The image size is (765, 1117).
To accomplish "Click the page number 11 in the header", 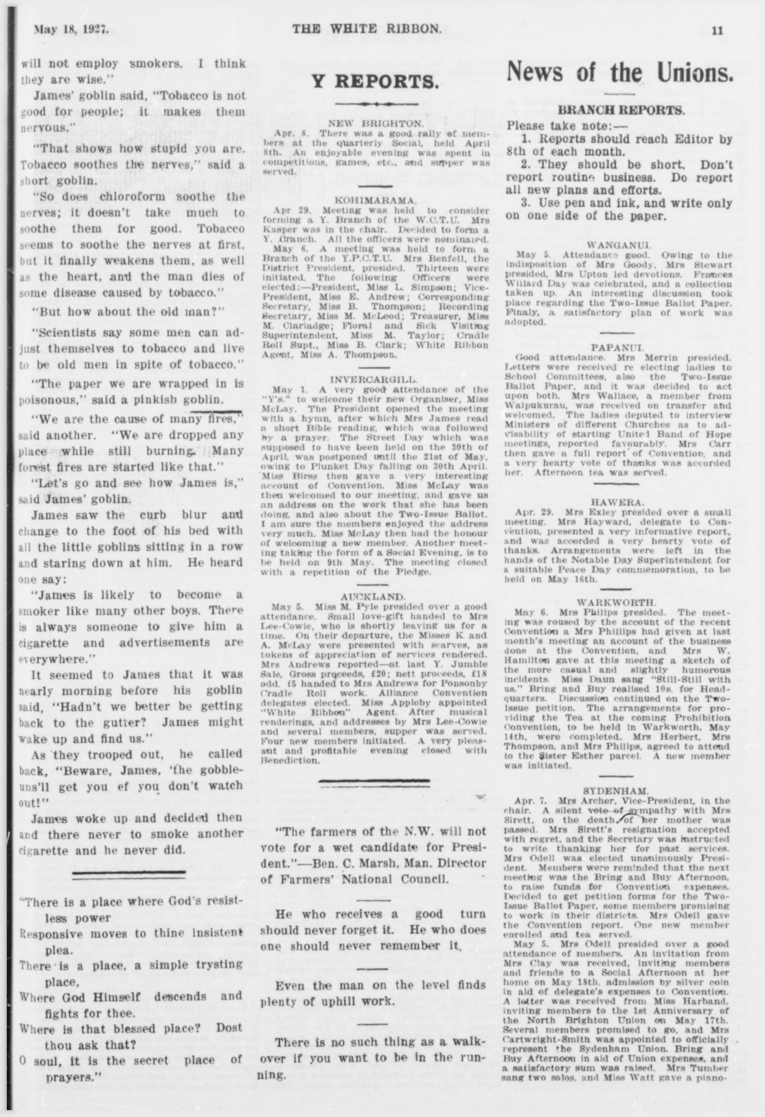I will coord(718,30).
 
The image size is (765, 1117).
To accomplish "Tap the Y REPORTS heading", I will coord(374,82).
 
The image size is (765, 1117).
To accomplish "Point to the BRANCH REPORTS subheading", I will coord(621,110).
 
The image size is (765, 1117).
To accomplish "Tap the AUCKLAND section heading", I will coord(374,597).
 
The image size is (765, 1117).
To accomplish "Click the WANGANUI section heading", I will coord(620,244).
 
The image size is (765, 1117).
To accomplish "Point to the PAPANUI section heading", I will coord(620,348).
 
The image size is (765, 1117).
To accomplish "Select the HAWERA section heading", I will coord(620,502).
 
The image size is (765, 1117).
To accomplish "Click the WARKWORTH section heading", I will coord(620,602).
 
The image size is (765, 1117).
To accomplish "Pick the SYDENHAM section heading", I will coord(620,790).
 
